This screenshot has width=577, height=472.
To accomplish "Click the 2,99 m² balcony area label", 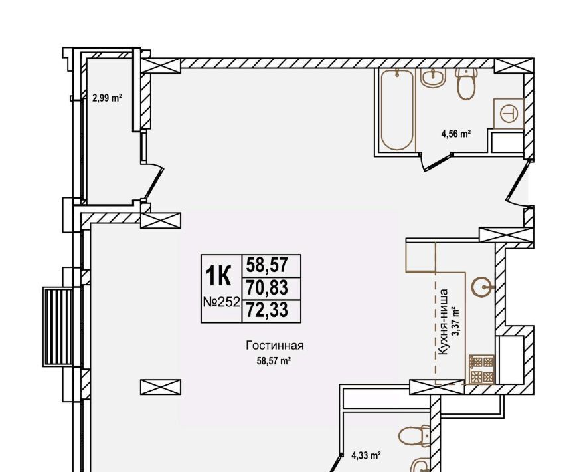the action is tap(107, 98).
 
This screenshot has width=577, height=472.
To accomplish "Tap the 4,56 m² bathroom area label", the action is tap(456, 134).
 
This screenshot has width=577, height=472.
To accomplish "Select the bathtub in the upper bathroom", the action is tap(397, 110).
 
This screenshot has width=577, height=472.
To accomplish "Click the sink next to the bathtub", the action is tap(433, 78).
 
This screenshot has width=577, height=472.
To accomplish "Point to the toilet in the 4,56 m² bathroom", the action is tap(466, 84).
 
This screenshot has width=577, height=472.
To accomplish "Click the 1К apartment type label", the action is tap(218, 277).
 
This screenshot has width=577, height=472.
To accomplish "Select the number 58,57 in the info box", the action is tap(267, 265).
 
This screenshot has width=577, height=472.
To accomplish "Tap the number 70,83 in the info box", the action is tap(267, 288).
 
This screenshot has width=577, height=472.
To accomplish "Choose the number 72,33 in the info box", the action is tap(267, 310).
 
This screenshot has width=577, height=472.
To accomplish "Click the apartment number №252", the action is tap(222, 302).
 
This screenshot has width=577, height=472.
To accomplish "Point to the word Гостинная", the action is tap(275, 346).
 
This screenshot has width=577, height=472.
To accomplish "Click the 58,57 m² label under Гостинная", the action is tap(274, 361).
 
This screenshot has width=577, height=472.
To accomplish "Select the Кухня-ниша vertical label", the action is tap(444, 322).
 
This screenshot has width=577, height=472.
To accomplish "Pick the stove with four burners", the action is tap(481, 369).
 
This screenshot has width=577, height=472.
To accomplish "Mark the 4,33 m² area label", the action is tap(366, 456).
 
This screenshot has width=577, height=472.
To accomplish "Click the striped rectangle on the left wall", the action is tap(58, 327).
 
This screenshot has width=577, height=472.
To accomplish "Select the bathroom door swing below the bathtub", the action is tap(434, 162).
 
